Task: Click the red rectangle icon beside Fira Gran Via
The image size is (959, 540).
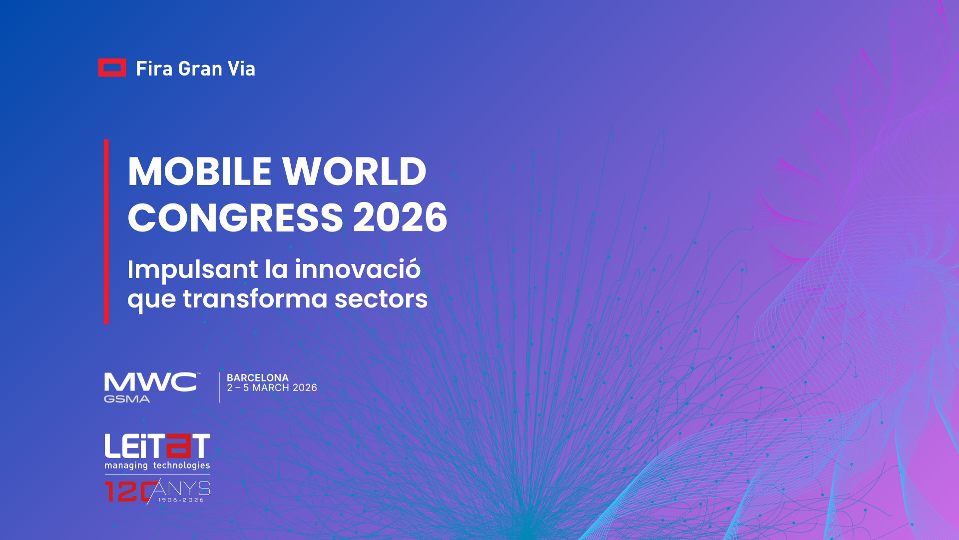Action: tap(112, 68)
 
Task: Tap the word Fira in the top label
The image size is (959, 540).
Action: tap(154, 68)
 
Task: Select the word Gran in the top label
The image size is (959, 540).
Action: tap(200, 68)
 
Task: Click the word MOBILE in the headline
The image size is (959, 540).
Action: tap(200, 171)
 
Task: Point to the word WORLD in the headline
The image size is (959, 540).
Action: tap(355, 171)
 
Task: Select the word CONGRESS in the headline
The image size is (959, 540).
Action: tap(235, 217)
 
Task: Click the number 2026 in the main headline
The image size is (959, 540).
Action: tap(400, 217)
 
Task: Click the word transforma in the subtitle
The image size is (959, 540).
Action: tap(255, 298)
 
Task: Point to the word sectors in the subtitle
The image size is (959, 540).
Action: tap(381, 299)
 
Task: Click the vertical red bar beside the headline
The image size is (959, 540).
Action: tap(106, 231)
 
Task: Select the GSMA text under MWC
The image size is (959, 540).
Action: tap(127, 399)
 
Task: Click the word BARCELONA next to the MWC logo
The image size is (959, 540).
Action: tap(258, 378)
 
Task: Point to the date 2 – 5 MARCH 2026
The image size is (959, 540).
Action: tap(272, 388)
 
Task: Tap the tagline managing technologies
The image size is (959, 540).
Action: tap(157, 465)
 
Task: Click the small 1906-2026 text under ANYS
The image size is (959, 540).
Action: tap(181, 500)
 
